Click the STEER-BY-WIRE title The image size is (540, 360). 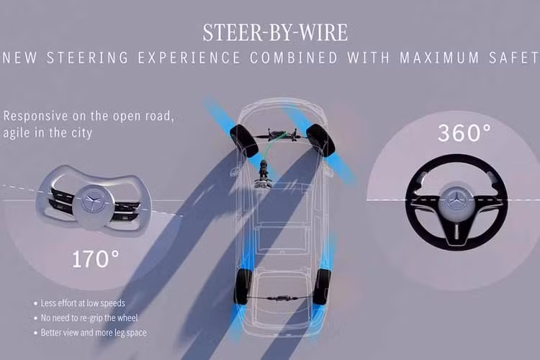pos(275,32)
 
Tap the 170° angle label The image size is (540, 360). pos(96,259)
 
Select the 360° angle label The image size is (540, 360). pos(464,132)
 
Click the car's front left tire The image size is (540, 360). pos(244,141)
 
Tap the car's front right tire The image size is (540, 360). pos(320,140)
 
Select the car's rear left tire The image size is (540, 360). pos(243,287)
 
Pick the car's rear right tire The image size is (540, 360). pos(322,287)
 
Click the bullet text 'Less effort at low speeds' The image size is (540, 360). pos(83,303)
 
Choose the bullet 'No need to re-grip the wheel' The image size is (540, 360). pos(89,318)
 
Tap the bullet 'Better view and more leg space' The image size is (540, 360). pos(94,333)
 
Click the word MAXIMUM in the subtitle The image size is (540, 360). pos(439,58)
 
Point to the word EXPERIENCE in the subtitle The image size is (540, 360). pos(189,58)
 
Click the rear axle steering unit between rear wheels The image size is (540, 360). pos(282,297)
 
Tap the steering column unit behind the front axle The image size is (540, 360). pos(264,174)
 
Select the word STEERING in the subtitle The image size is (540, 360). pos(87,58)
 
